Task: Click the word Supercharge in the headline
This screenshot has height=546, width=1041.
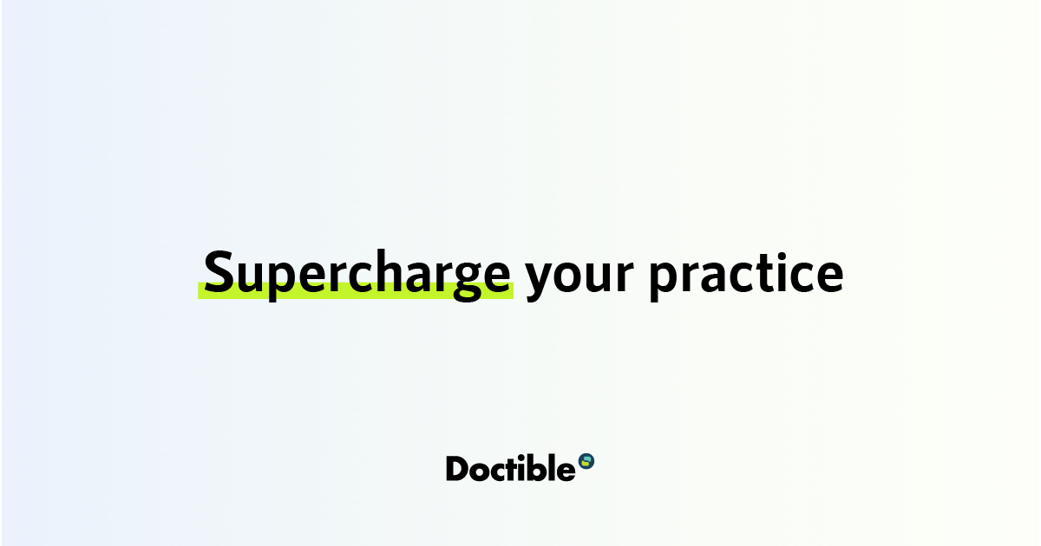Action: point(357,273)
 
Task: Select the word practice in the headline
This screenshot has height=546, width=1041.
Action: point(746,273)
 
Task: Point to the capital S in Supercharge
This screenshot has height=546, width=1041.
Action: point(222,271)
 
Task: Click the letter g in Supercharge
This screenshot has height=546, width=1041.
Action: point(454,279)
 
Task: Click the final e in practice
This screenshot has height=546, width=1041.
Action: point(828,276)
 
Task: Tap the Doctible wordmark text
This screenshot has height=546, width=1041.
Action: point(510,468)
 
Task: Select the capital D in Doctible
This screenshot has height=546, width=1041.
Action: point(458,468)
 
